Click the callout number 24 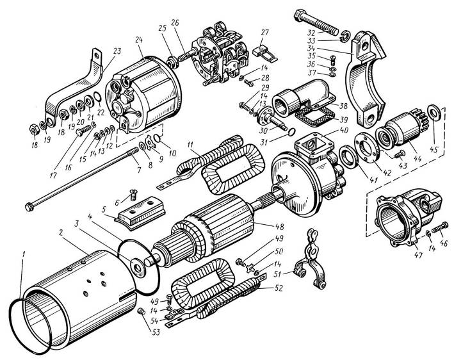[x=139, y=40]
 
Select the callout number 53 [x=156, y=332]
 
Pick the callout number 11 [x=190, y=145]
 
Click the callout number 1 [x=24, y=255]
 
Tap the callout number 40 [x=344, y=130]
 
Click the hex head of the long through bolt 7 [x=29, y=207]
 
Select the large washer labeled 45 [x=434, y=112]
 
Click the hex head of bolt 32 [x=300, y=15]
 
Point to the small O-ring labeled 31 [x=291, y=132]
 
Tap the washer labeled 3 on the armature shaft [x=138, y=268]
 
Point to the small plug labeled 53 [x=140, y=311]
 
